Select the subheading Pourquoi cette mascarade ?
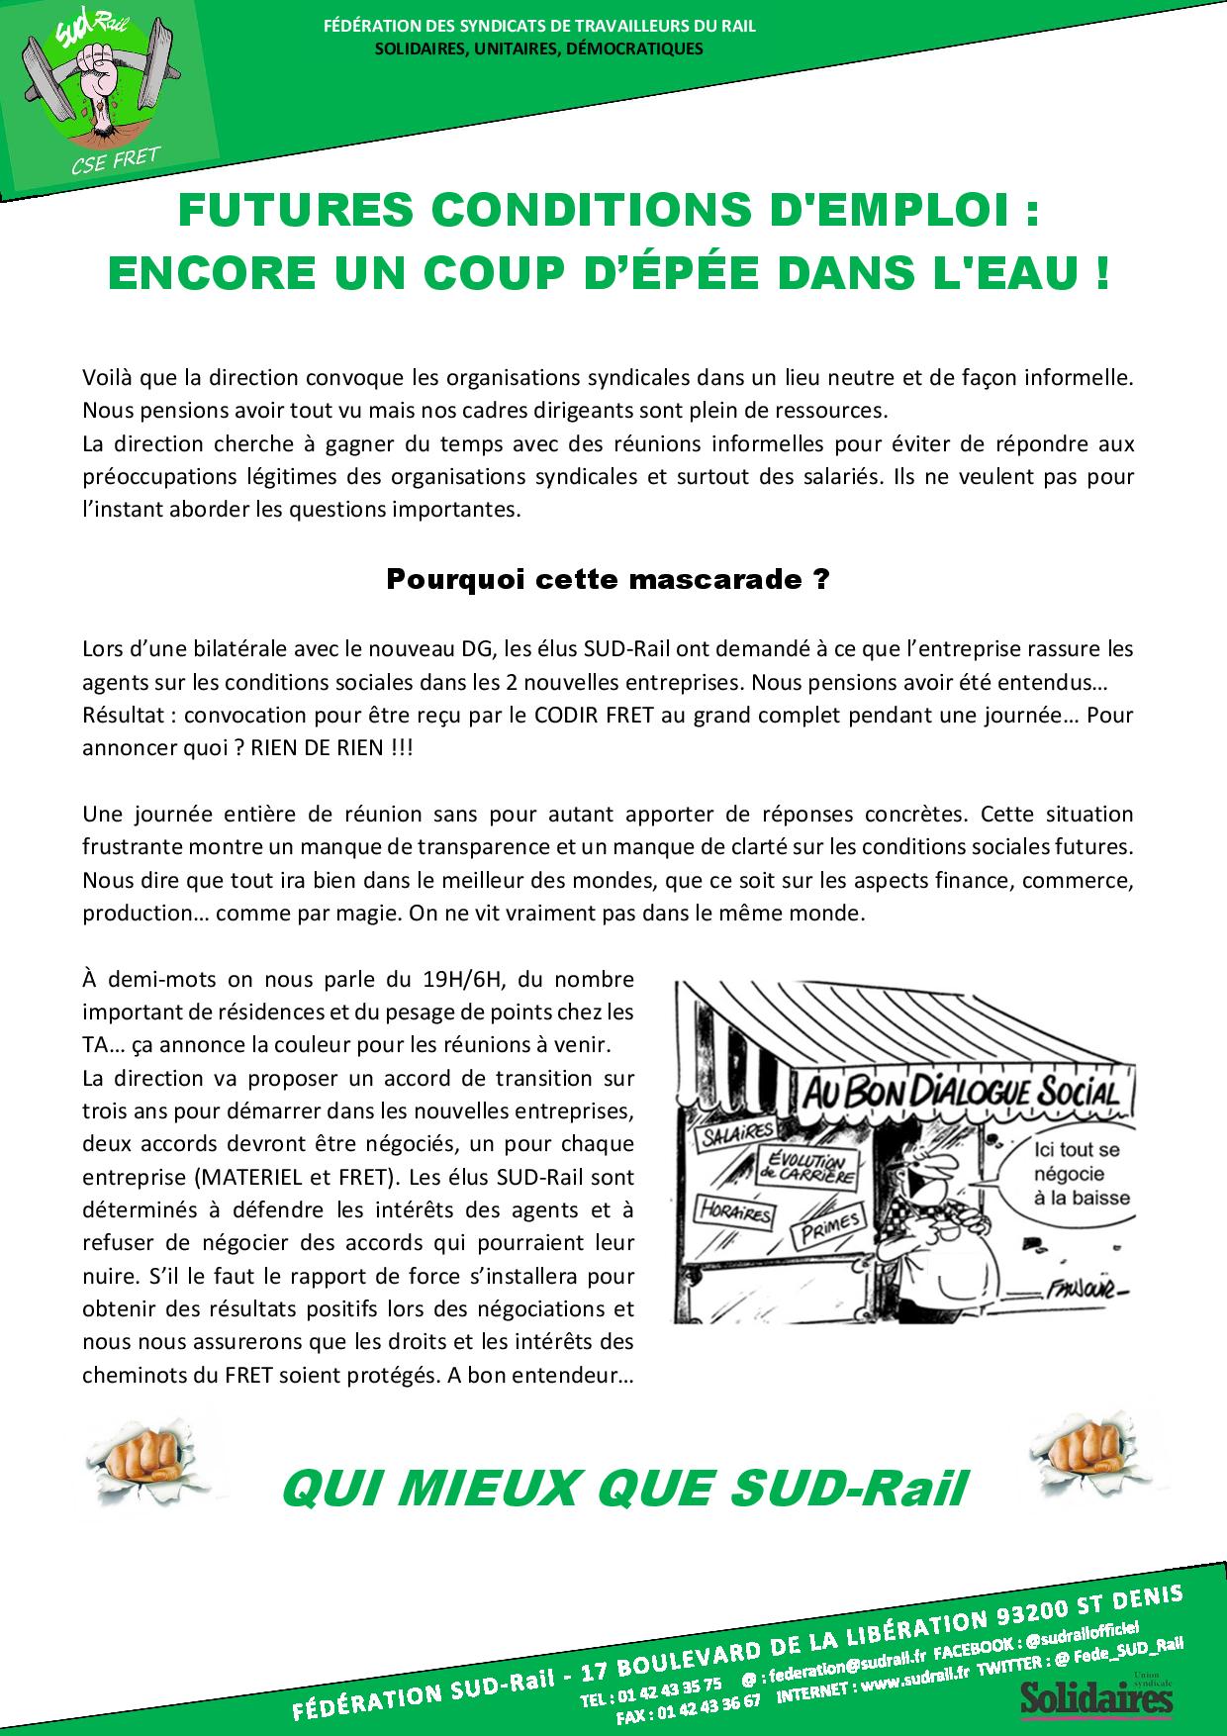point(607,579)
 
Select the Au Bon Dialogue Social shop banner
point(958,1094)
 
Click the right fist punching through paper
point(1083,1450)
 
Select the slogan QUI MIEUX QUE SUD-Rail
point(621,1487)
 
